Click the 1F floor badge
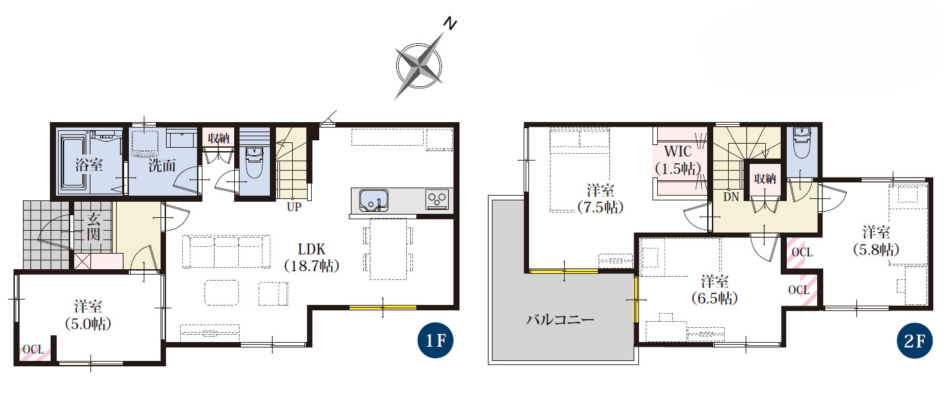(435, 341)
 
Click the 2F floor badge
(914, 341)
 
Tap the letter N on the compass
(451, 24)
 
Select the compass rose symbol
(419, 66)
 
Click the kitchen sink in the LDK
(373, 200)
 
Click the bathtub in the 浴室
(74, 163)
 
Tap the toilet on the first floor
(254, 162)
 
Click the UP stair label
(294, 207)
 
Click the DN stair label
(731, 197)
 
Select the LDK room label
(312, 249)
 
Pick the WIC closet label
(677, 151)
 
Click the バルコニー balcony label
(560, 319)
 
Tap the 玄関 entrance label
(93, 227)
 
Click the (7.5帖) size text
(600, 207)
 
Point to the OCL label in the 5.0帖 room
(33, 349)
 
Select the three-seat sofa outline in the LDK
(226, 252)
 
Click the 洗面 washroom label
(162, 165)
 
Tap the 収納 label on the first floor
(219, 138)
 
